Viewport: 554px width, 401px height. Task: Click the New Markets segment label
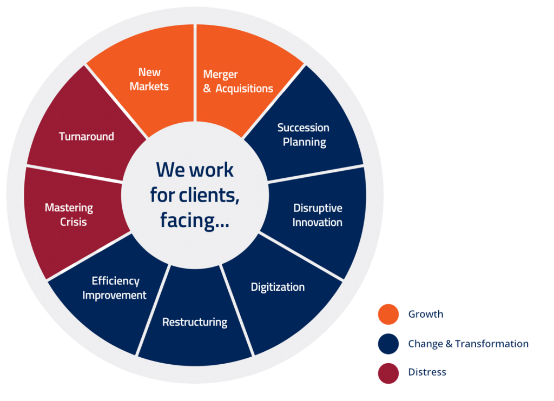click(x=149, y=79)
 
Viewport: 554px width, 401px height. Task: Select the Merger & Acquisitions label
click(x=238, y=82)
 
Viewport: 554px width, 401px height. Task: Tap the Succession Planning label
click(x=304, y=135)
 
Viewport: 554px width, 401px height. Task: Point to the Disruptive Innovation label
click(x=318, y=215)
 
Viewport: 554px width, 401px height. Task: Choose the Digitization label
click(x=278, y=287)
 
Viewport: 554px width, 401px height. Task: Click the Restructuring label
click(x=195, y=323)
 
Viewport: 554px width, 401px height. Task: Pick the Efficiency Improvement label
click(x=115, y=288)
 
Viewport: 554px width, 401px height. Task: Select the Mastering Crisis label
click(x=69, y=215)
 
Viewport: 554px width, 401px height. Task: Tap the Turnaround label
click(x=87, y=137)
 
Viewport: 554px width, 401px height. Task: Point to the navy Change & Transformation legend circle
click(x=388, y=344)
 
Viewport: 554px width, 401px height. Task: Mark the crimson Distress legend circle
click(x=388, y=373)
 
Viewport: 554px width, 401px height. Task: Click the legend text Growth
click(x=426, y=314)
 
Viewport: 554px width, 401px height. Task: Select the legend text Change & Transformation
click(x=468, y=344)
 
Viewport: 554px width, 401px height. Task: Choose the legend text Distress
click(x=427, y=372)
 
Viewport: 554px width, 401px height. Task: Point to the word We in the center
click(x=169, y=170)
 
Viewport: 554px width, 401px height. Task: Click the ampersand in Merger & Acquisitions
click(x=207, y=89)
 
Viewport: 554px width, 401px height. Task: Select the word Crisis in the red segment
click(x=73, y=222)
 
